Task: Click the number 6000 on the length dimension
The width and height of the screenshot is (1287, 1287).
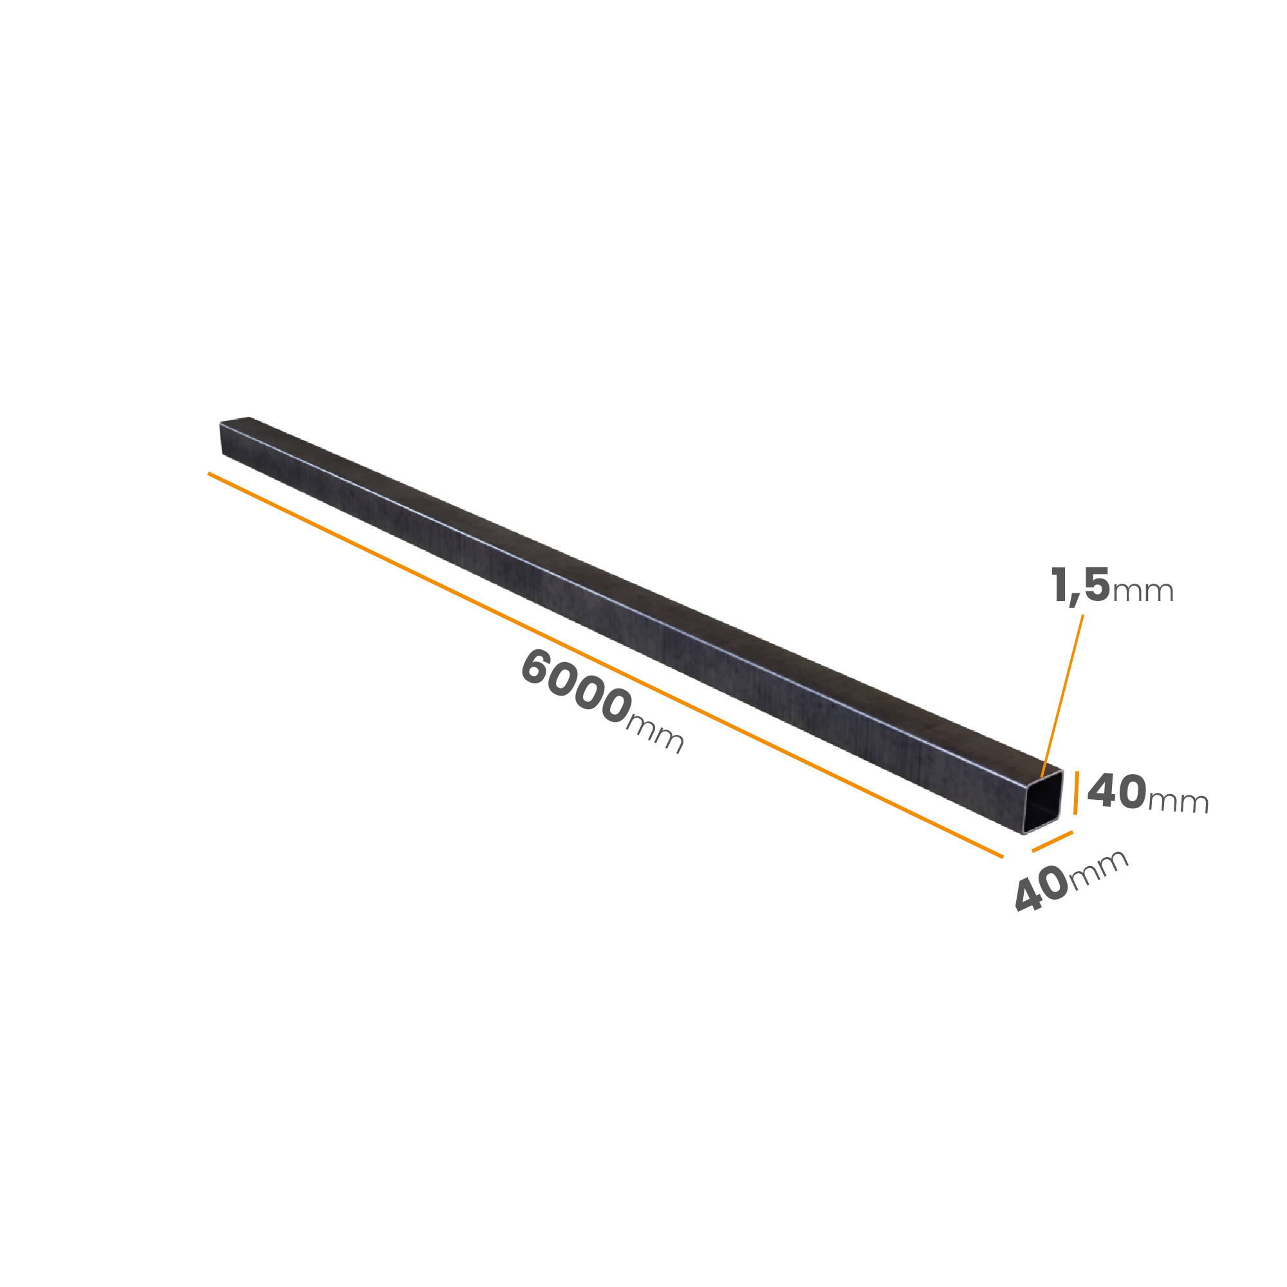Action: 576,687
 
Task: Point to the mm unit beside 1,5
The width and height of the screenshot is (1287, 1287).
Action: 1142,591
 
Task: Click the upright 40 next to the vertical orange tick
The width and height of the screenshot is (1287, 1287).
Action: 1116,791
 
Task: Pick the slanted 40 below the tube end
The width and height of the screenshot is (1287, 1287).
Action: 1041,890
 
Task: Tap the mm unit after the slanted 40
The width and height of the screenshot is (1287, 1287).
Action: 1098,868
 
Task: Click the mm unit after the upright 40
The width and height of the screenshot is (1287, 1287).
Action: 1178,801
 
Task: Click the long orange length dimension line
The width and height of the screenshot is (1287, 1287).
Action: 606,665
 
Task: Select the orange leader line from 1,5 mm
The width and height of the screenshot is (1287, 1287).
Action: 1062,696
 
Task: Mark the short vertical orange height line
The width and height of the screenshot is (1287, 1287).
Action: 1076,793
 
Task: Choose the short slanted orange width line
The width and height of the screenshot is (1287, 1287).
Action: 1052,841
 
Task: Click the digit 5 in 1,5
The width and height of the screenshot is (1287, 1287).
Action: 1097,585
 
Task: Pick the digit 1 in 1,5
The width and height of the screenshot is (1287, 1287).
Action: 1059,586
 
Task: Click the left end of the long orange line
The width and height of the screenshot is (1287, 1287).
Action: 208,473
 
